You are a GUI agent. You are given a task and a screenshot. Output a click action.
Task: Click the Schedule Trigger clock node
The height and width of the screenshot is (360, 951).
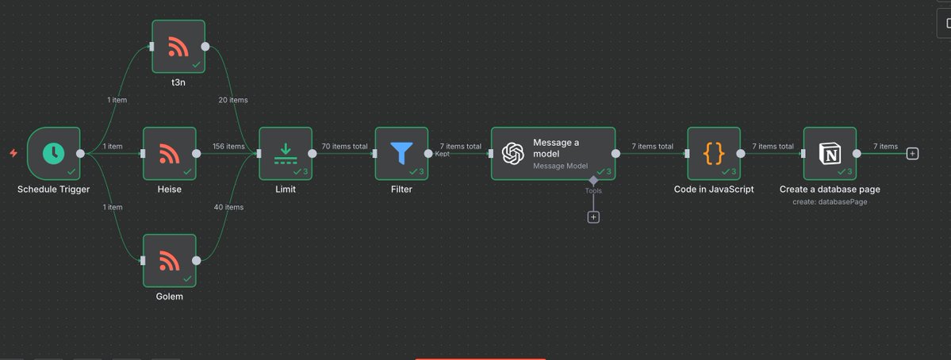point(54,154)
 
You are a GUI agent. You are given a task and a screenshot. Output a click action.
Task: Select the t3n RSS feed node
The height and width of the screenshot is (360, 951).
point(178,47)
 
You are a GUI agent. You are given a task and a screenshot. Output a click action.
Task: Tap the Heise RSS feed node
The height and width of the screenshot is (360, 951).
point(169,154)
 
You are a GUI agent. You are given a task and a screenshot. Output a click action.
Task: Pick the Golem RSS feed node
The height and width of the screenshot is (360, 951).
point(169,260)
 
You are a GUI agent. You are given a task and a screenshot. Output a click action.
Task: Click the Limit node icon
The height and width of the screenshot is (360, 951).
point(286,154)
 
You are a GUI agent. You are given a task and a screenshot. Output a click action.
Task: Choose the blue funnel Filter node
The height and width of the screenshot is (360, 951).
point(401,154)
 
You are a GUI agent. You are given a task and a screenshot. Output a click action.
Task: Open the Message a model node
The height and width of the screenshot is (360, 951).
point(553,154)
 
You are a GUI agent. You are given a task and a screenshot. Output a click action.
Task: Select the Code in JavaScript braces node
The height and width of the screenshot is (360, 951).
point(714,154)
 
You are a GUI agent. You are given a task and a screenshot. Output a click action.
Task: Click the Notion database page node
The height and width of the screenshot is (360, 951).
point(830,154)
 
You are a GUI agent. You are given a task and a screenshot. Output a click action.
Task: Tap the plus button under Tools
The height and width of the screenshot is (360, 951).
point(593,216)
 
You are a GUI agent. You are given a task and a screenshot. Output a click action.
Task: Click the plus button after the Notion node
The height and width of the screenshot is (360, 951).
point(912,154)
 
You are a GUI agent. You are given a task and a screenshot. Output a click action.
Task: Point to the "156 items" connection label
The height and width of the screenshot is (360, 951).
point(229,147)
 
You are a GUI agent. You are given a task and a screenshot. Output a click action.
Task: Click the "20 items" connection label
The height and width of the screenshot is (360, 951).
point(233,100)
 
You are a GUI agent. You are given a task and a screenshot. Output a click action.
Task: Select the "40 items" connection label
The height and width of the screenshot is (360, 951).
point(228,207)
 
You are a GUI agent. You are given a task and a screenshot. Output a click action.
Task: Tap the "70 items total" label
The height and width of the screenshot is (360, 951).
point(344,147)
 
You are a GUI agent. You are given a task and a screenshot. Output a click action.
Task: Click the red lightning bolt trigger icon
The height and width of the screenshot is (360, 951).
point(13,153)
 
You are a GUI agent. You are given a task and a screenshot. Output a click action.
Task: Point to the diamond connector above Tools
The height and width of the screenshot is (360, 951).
point(593,180)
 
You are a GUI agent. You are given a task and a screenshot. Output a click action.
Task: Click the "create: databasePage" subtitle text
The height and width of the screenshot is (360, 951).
point(830,202)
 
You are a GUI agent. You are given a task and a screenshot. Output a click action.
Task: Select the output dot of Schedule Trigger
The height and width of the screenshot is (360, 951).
point(80,154)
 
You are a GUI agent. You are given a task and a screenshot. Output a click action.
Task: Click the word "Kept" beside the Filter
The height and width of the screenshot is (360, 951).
point(443,154)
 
